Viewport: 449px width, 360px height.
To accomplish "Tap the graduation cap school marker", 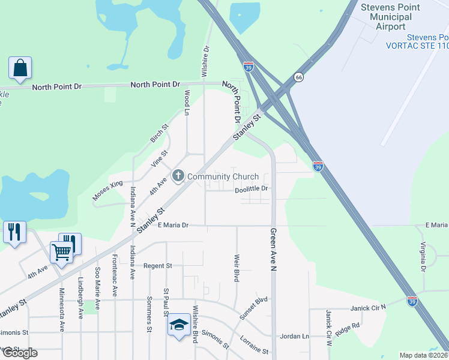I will [x=178, y=325].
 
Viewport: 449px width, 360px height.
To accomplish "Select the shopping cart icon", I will [x=62, y=251].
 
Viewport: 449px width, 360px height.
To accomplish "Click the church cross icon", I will [x=178, y=176].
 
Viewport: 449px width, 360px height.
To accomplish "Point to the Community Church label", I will [x=223, y=176].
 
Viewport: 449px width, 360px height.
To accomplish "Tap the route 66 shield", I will [x=298, y=77].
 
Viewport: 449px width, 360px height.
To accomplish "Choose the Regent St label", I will [x=158, y=265].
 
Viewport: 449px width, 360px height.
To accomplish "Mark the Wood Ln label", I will [x=187, y=103].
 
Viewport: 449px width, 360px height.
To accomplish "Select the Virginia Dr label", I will [x=423, y=256].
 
